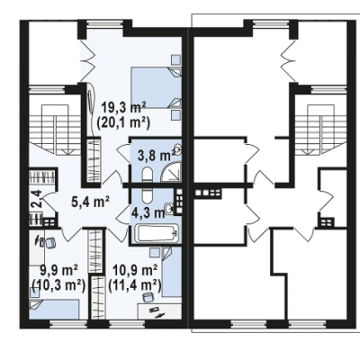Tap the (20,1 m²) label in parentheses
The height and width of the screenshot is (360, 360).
(x=123, y=123)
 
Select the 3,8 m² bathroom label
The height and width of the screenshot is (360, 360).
(x=156, y=156)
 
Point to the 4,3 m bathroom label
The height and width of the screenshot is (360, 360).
(x=148, y=212)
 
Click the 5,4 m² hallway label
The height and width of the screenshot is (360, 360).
(x=90, y=202)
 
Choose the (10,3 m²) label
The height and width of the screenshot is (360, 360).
(x=58, y=284)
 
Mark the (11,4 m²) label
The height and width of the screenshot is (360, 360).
(x=135, y=284)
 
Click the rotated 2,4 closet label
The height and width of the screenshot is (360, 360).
(x=37, y=199)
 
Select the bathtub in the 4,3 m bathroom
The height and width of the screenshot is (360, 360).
(x=156, y=234)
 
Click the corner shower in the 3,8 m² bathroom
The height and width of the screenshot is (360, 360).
(x=171, y=172)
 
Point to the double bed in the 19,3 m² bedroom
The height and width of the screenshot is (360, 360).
(x=156, y=87)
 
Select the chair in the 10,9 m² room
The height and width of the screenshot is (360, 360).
(x=148, y=298)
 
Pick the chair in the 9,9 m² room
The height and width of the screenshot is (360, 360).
(x=49, y=242)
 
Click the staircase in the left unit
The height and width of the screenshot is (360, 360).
(x=56, y=130)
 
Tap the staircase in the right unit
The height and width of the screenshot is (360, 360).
(x=320, y=130)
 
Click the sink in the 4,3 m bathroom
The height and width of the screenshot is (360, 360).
(x=169, y=208)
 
